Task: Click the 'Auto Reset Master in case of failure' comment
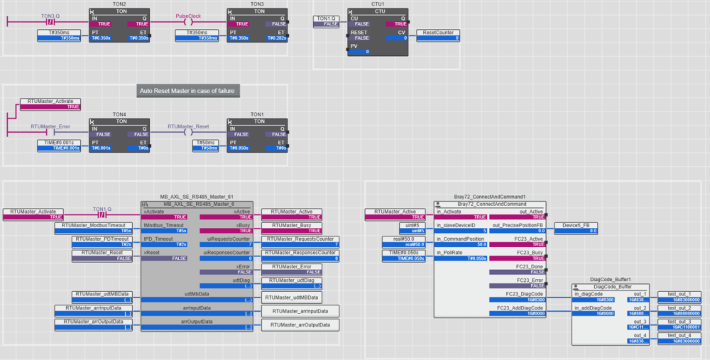(x=187, y=91)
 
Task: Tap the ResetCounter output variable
(x=439, y=33)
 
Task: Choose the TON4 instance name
(x=119, y=114)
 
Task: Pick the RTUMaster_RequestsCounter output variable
(x=299, y=239)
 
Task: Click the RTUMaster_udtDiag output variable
(x=293, y=280)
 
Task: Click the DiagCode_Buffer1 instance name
(x=611, y=280)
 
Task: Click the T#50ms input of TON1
(x=208, y=142)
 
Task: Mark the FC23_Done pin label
(x=530, y=266)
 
